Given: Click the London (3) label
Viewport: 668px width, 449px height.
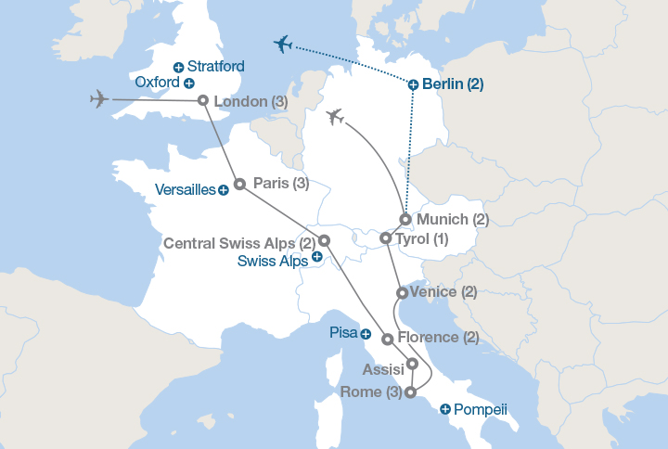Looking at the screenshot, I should tap(250, 101).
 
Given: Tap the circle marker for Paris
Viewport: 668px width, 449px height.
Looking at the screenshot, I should tap(238, 184).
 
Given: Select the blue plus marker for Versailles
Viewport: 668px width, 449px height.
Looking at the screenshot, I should tap(224, 190).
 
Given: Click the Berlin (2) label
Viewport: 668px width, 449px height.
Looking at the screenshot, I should tap(452, 84).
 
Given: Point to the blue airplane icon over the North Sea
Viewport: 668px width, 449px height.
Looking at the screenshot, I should tap(283, 45).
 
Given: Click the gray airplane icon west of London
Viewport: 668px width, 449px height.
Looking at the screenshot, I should tap(100, 99).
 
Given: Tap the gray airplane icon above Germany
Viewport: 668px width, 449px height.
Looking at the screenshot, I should tap(336, 117).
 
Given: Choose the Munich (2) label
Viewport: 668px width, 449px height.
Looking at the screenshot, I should tap(452, 220).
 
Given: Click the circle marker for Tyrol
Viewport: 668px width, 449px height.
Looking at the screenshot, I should tap(385, 238).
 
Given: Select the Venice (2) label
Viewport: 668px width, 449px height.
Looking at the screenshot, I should tap(443, 292).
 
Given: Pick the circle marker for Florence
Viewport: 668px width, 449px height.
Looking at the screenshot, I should tap(387, 339).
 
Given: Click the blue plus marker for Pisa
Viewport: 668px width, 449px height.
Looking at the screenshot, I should tap(366, 334).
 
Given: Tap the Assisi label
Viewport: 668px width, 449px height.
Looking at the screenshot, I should tap(383, 369).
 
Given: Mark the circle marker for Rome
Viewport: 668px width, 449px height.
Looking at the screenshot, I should tap(410, 392).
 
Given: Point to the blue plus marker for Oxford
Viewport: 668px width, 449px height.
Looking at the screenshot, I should tap(189, 83).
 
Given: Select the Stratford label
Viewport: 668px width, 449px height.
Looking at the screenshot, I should tap(215, 67).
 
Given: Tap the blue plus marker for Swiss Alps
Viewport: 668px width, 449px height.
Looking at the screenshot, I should tap(317, 261).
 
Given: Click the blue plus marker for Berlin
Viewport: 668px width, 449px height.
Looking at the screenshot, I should tap(413, 84).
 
